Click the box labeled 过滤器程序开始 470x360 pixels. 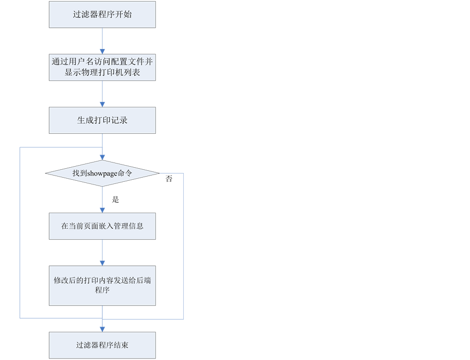tap(102, 14)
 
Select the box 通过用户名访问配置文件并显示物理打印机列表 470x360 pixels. tap(102, 67)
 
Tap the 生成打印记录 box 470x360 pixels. tap(102, 120)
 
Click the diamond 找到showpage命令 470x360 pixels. tap(102, 173)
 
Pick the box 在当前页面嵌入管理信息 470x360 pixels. tap(102, 226)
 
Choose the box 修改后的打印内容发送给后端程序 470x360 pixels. tap(102, 285)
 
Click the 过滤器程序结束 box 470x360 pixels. tap(102, 345)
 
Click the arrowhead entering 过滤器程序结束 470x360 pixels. tap(102, 329)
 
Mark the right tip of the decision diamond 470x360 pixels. tap(158, 173)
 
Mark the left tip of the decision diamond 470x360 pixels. tap(47, 173)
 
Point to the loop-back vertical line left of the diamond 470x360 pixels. tap(20, 233)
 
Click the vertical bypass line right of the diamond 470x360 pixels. tap(183, 246)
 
